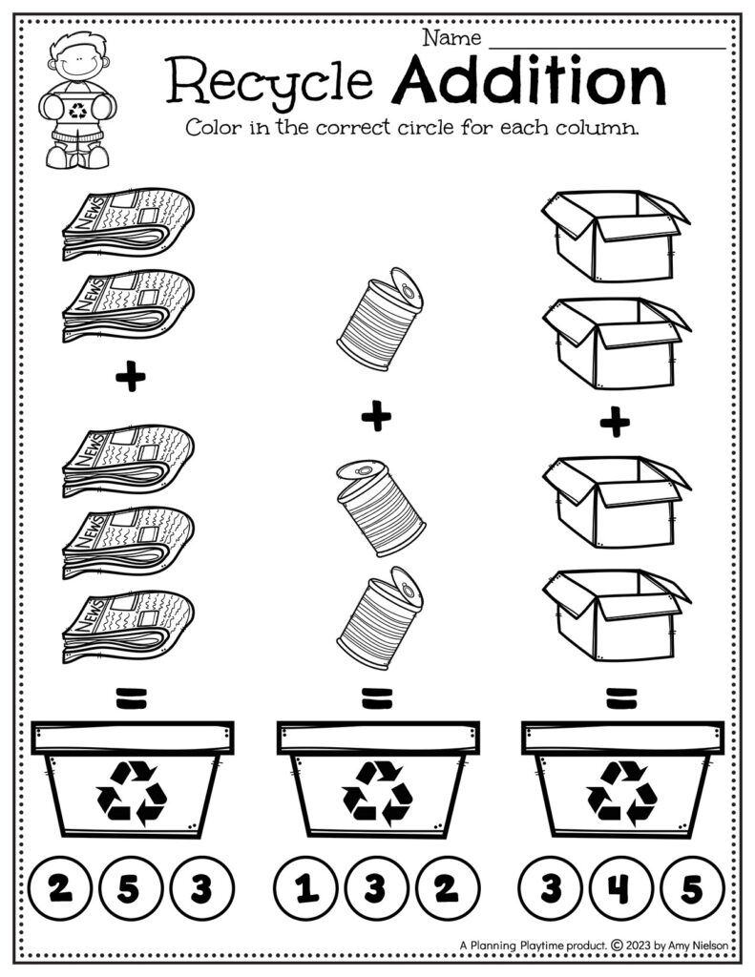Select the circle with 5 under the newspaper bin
tap(128, 889)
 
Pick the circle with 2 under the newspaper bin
tap(60, 889)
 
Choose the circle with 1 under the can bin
tap(306, 889)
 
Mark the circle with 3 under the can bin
tap(374, 889)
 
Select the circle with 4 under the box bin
tap(621, 889)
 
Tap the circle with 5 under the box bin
tap(690, 889)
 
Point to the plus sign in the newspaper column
tap(130, 379)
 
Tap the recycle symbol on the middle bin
tap(377, 792)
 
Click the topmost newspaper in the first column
tap(128, 224)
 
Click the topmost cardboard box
tap(615, 234)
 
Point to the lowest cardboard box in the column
tap(615, 613)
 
